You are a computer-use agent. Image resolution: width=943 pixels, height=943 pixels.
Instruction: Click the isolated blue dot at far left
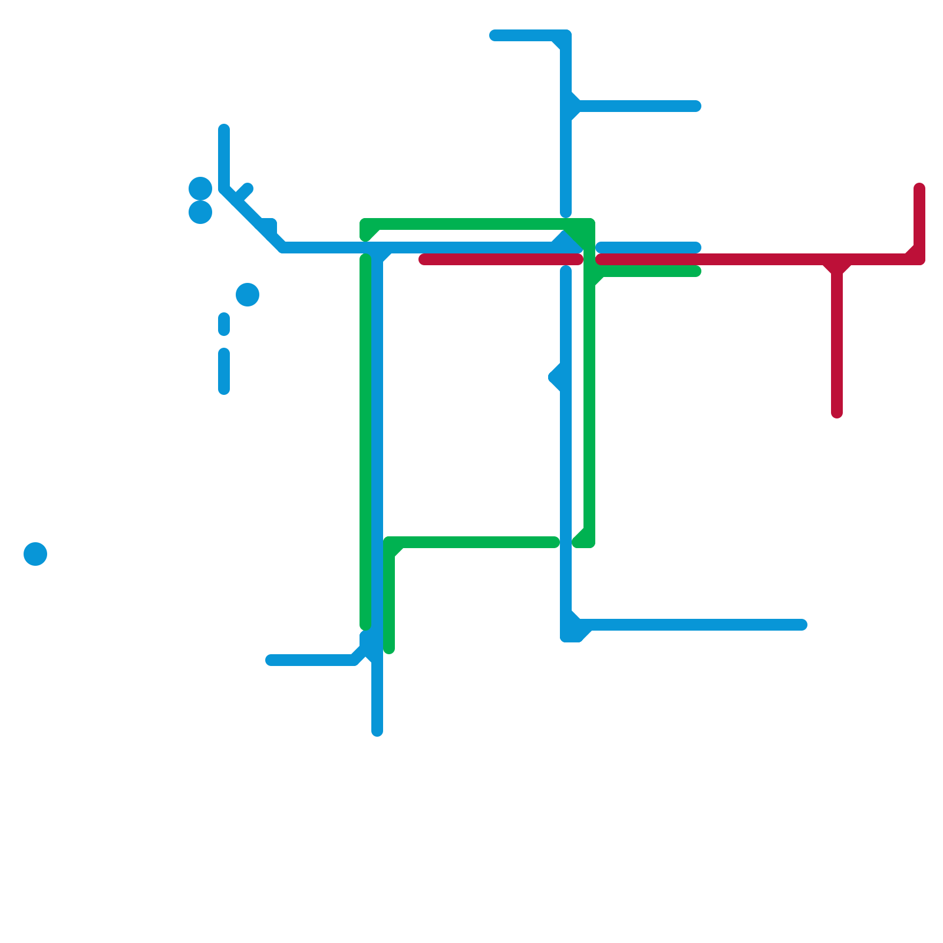coord(35,553)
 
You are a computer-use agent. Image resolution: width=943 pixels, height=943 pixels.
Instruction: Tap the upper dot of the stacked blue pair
coord(200,189)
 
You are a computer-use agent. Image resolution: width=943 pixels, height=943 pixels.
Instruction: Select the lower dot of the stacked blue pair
coord(200,212)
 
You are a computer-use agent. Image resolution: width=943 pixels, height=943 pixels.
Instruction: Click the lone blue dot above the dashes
coord(248,294)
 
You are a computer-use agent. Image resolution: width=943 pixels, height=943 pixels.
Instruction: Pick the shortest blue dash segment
coord(224,324)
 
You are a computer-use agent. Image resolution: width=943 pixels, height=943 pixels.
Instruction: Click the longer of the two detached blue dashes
coord(224,371)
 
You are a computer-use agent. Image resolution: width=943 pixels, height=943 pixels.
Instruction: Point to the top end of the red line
coord(919,189)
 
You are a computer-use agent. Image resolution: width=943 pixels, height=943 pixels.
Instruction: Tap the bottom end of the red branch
coord(836,413)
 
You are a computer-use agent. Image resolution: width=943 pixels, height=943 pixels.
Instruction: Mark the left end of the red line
coord(424,259)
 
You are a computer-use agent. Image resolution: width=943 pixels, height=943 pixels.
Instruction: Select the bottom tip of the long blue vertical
coord(377,731)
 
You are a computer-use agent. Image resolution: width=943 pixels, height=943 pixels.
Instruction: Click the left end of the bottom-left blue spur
coord(271,660)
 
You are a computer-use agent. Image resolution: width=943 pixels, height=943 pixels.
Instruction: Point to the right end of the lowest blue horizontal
coord(802,625)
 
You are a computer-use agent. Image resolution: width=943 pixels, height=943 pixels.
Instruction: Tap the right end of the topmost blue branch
coord(696,106)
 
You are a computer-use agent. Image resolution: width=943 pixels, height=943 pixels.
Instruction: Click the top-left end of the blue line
coord(224,129)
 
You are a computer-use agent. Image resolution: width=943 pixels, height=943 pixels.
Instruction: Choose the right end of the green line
coord(696,271)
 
